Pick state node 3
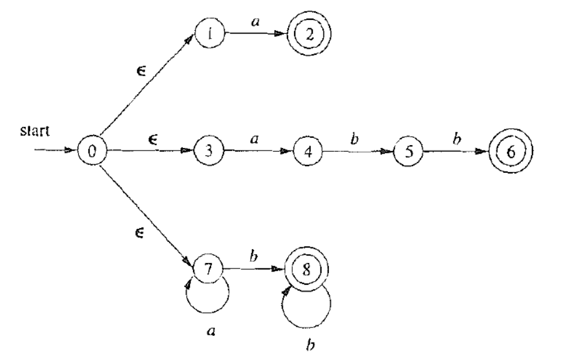pos(208,150)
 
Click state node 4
pos(307,150)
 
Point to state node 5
pos(407,150)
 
